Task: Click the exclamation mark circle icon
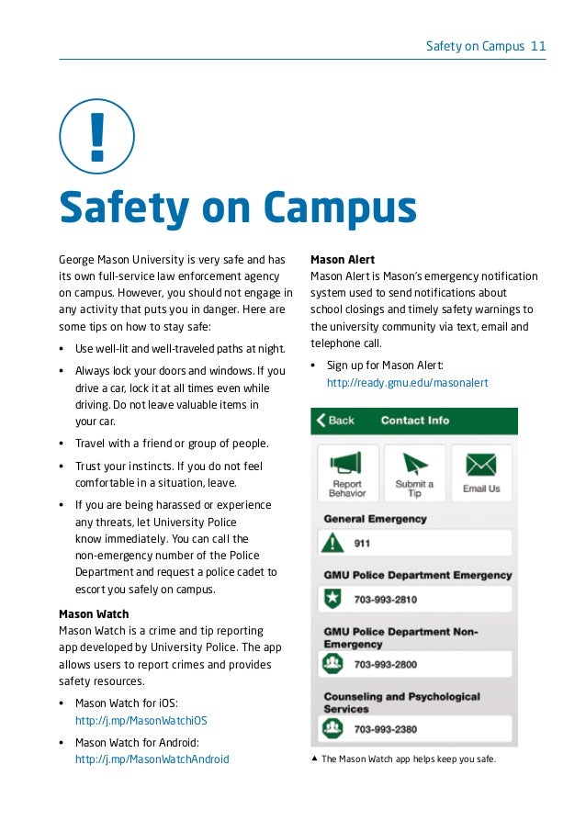pos(96,137)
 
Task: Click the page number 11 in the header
pos(538,45)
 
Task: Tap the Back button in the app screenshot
pos(335,421)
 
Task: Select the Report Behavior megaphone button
pos(347,474)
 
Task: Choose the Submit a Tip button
pos(414,474)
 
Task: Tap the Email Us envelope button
pos(481,474)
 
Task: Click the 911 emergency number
pos(362,543)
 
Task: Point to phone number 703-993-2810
pos(386,600)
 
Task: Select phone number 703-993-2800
pos(386,664)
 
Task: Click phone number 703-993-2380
pos(386,730)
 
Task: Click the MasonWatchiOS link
pos(141,721)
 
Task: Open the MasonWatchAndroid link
pos(152,759)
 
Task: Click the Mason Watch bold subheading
pos(94,613)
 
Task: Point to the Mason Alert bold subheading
pos(343,260)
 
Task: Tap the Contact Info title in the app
pos(415,421)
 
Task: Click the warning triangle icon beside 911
pos(332,543)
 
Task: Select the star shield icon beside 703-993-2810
pos(332,600)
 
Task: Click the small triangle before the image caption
pos(315,759)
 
